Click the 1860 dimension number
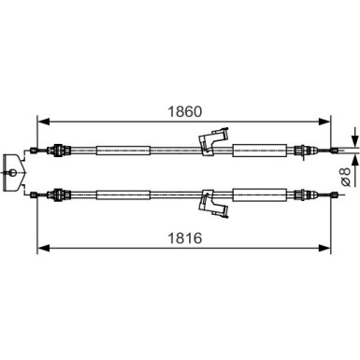click(185, 111)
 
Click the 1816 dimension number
click(185, 238)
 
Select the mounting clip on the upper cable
click(213, 141)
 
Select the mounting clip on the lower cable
click(213, 203)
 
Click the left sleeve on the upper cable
click(123, 151)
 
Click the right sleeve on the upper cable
click(260, 150)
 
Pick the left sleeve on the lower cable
click(123, 195)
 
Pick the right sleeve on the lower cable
click(260, 195)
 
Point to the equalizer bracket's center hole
click(13, 172)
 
